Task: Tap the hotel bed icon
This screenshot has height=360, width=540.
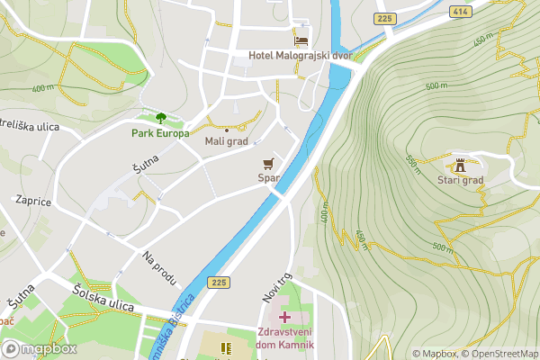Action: click(x=301, y=40)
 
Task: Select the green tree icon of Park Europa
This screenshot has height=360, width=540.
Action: click(x=161, y=118)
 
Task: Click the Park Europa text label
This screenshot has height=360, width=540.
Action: click(x=160, y=133)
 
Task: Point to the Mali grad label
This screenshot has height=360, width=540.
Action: click(x=227, y=141)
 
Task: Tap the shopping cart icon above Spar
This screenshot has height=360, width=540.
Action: click(x=267, y=163)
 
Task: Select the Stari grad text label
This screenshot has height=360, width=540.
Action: click(x=461, y=180)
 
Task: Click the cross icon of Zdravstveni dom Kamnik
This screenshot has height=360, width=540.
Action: click(x=285, y=317)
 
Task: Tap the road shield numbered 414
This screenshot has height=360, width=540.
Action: click(x=461, y=11)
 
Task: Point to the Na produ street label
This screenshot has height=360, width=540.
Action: click(x=158, y=266)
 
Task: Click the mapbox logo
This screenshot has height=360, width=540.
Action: click(x=39, y=349)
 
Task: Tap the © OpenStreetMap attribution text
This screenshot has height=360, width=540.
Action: click(x=500, y=354)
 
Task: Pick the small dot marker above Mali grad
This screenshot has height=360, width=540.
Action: click(x=227, y=130)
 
